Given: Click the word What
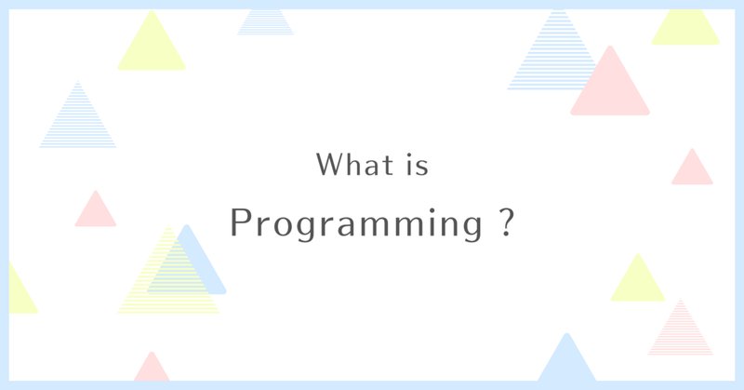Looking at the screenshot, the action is point(355,165).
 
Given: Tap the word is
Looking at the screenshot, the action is point(418,165).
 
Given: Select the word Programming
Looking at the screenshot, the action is point(356,224).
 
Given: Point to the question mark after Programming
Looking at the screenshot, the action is point(507,222).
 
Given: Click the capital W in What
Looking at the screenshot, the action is point(327,165).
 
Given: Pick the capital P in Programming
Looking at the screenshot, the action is point(240,222).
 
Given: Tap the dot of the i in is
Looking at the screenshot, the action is point(409,155).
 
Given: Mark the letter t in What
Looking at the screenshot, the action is point(389,166).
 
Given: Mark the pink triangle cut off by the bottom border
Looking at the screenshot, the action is point(152,370).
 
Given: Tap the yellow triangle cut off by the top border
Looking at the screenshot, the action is point(685,30).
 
